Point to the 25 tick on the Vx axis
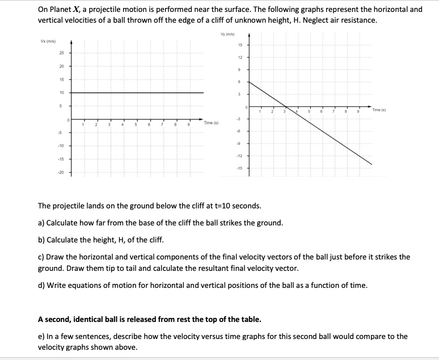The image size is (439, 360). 61,54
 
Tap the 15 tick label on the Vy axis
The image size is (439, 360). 240,45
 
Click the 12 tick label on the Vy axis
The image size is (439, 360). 240,57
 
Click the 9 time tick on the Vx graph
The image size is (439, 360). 189,125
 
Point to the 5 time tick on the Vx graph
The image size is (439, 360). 136,125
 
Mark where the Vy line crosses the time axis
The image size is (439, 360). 286,106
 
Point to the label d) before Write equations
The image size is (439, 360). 41,285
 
